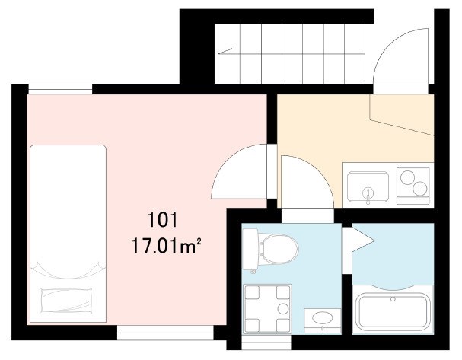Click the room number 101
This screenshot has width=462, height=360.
[162, 220]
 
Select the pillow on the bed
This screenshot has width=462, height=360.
[66, 300]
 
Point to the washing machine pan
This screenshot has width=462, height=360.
[267, 309]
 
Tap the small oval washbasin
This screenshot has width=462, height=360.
[323, 318]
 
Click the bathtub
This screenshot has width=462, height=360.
[393, 313]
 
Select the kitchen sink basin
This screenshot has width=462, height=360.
[368, 186]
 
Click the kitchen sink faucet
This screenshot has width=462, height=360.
[368, 196]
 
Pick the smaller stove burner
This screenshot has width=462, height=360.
[420, 189]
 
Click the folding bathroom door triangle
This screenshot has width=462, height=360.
[363, 240]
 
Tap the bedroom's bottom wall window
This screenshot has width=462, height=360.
[165, 333]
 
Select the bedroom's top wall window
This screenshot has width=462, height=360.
[60, 89]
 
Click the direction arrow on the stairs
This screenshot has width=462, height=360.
[225, 51]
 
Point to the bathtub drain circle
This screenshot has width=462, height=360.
[393, 299]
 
